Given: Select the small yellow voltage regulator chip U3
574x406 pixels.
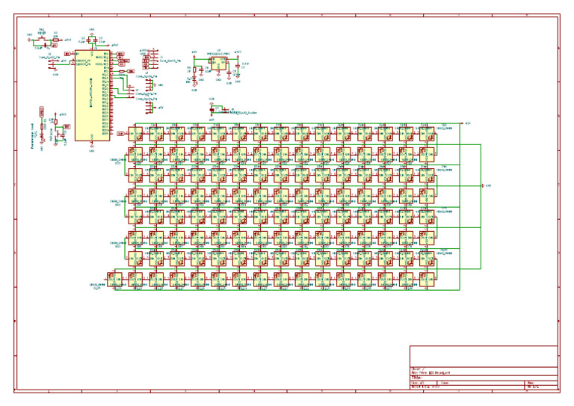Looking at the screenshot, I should pyautogui.click(x=219, y=64).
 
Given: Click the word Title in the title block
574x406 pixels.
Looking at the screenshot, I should pyautogui.click(x=416, y=377).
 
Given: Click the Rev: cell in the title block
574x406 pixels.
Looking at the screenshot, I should pyautogui.click(x=529, y=383).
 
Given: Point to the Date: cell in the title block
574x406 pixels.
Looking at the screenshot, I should pyautogui.click(x=445, y=383).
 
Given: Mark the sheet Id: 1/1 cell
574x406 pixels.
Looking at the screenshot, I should pyautogui.click(x=532, y=387).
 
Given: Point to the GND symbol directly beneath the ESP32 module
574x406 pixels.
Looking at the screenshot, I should pyautogui.click(x=91, y=149).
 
